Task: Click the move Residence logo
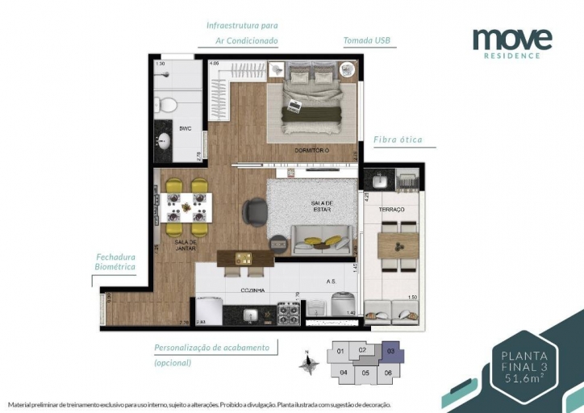512,41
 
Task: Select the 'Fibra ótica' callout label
398,140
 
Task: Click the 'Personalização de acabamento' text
215,347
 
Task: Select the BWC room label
185,127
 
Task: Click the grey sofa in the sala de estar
321,240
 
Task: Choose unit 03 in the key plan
390,352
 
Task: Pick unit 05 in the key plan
365,373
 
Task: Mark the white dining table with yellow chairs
186,206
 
